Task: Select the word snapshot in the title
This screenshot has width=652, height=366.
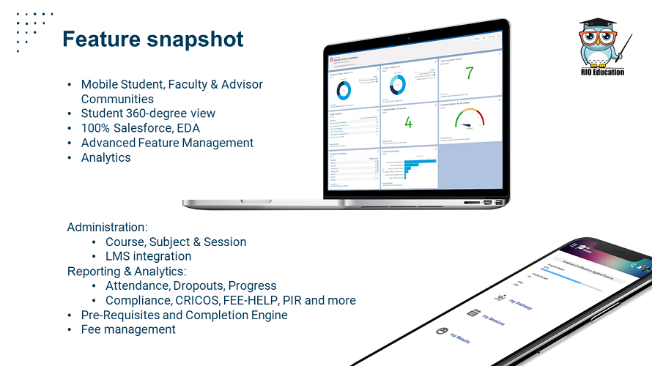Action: tap(197, 39)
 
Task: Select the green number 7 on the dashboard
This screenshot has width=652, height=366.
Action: tap(470, 73)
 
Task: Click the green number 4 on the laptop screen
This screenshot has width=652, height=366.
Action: tap(408, 122)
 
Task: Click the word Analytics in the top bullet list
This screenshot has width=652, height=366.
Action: tap(105, 157)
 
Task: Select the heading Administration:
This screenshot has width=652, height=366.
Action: tap(108, 227)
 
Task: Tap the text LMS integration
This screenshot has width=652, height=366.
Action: tap(148, 256)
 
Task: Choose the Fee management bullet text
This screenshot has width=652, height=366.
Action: tap(128, 329)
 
